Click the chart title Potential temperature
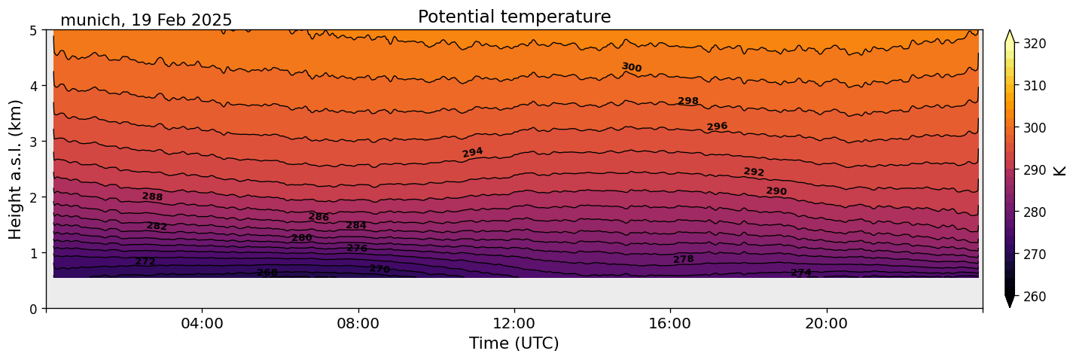(514, 17)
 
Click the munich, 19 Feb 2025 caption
(146, 20)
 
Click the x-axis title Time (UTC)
(514, 343)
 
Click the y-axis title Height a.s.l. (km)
(16, 169)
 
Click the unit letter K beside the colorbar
(1060, 170)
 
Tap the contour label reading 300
(632, 68)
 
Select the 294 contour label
(472, 153)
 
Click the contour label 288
(152, 197)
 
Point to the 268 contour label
(267, 273)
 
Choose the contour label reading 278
(684, 260)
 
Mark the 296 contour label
(717, 127)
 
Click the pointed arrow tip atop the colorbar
(1010, 32)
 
